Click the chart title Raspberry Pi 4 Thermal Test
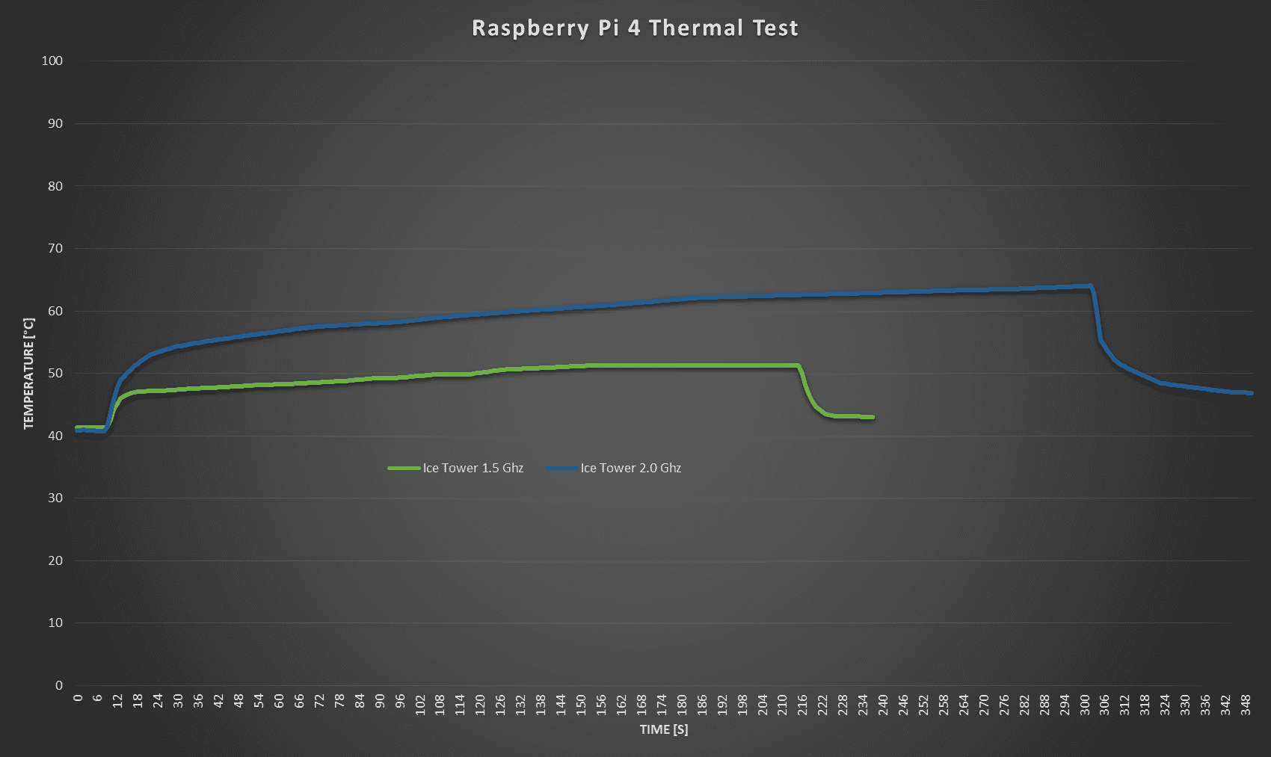(635, 28)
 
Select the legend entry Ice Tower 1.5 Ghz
(473, 468)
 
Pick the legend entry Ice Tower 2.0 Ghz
(630, 468)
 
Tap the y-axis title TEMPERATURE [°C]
(29, 374)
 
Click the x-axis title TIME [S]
(663, 729)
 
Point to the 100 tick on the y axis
(52, 61)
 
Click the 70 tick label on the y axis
(55, 248)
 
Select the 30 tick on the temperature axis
(55, 498)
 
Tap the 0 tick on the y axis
(59, 685)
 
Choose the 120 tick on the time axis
(480, 704)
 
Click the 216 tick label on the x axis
(802, 704)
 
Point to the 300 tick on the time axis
(1085, 704)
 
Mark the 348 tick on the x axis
(1246, 704)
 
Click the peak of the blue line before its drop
(1090, 285)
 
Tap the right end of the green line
(873, 417)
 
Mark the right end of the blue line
(1252, 393)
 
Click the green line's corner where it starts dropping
(798, 365)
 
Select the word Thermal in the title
(696, 28)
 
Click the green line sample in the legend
(404, 468)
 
